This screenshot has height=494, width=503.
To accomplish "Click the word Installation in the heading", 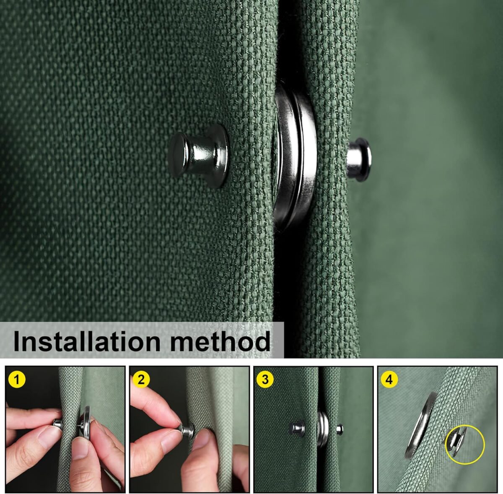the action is tap(87, 341).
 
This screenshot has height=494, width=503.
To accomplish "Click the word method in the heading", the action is tap(220, 341).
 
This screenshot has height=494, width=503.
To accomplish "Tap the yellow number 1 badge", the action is tap(17, 380).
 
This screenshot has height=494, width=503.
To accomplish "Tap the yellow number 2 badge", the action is tap(141, 380).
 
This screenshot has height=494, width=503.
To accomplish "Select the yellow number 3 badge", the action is tap(265, 380).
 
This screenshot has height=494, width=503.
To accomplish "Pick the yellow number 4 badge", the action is tap(389, 380).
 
